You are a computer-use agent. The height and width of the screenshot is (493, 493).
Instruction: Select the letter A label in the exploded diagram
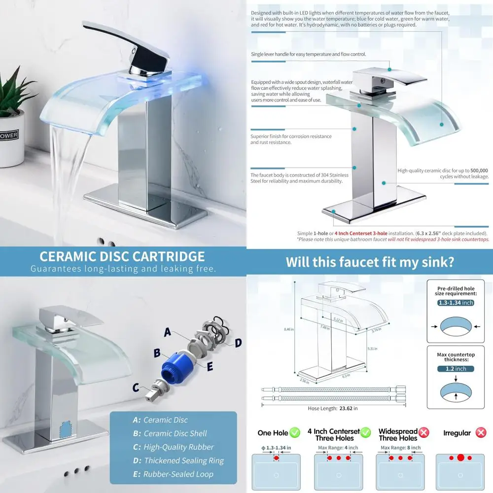click(x=168, y=332)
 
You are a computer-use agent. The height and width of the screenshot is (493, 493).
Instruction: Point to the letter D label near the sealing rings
click(x=238, y=342)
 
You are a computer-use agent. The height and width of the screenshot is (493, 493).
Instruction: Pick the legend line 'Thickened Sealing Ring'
click(x=183, y=460)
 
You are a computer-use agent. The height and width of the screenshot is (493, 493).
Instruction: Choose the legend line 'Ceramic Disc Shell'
click(x=175, y=433)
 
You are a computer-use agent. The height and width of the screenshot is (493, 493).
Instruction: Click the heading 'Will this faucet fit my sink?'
click(x=370, y=261)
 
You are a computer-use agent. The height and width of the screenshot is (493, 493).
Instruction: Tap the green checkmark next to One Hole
click(x=295, y=432)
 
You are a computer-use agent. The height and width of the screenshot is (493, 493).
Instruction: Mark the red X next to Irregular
click(x=480, y=432)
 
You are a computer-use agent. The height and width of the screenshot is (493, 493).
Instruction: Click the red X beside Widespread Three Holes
click(x=423, y=432)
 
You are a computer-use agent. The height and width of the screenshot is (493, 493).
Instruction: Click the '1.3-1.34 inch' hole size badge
click(x=455, y=303)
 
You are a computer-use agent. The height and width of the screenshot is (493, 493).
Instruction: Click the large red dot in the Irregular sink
click(x=460, y=458)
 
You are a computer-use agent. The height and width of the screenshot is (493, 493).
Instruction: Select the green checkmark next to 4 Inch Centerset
click(x=365, y=432)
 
